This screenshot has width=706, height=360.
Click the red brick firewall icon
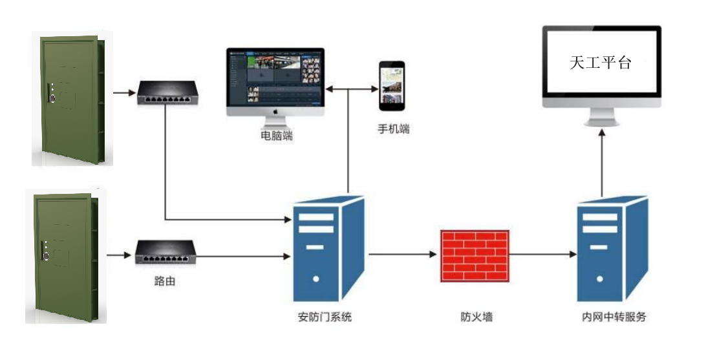[474, 255]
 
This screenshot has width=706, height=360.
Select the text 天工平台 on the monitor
[600, 63]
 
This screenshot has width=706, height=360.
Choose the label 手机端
[394, 129]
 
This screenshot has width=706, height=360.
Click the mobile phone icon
[391, 85]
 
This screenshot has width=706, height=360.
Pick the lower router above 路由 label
[166, 253]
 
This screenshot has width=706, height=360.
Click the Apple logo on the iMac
[276, 111]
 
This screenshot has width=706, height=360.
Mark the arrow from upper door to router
[122, 92]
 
